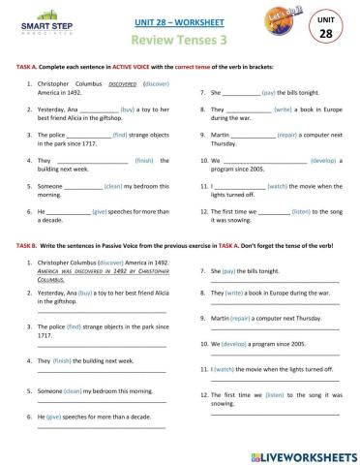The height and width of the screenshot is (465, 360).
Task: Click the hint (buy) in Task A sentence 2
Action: coord(128,111)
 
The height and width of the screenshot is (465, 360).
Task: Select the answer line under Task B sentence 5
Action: coord(102,400)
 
